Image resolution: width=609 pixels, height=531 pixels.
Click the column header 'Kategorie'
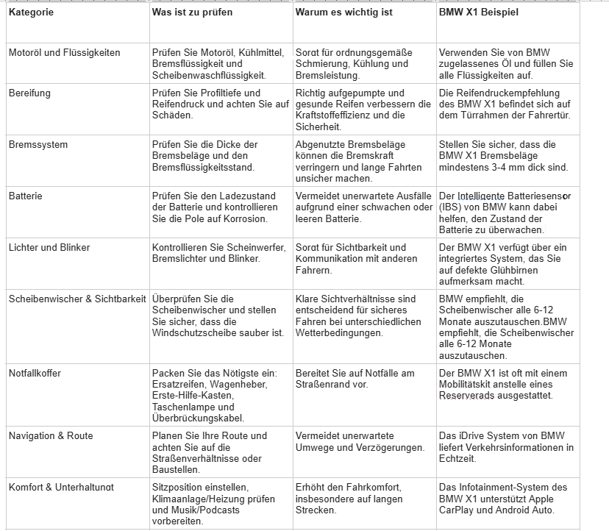click(31, 13)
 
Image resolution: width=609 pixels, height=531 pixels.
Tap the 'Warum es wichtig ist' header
click(344, 13)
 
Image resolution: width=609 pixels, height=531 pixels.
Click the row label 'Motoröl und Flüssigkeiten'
click(65, 53)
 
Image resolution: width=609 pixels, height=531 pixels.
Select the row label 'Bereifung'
click(29, 93)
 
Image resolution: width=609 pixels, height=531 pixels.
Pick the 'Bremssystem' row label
click(38, 145)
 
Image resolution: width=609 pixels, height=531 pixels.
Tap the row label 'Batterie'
click(26, 196)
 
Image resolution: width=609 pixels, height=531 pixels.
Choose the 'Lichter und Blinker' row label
click(49, 248)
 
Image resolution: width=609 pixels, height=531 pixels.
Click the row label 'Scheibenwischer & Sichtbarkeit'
click(77, 299)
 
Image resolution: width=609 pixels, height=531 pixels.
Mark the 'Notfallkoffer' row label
click(35, 374)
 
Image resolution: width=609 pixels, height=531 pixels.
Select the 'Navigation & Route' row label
click(51, 436)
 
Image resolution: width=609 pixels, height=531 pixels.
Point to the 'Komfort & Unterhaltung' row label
click(62, 488)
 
